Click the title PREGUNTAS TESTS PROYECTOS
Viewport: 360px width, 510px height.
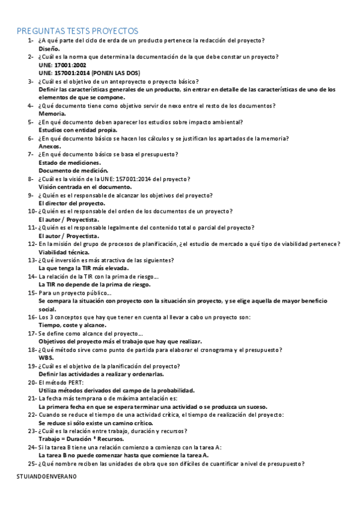pos(78,30)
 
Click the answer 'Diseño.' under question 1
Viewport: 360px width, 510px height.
pos(49,48)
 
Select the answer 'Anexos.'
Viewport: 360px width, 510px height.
pos(50,146)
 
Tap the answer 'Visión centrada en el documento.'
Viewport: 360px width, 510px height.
pos(84,186)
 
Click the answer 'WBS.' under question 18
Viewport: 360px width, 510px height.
pos(46,357)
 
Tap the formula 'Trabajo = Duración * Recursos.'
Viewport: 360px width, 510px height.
pos(82,439)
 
